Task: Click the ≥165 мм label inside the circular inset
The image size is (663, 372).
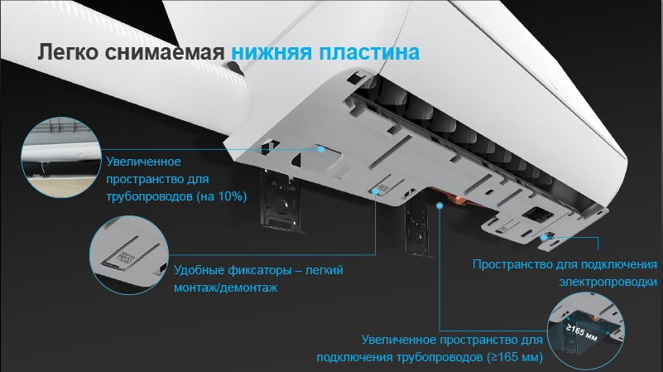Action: pos(581,334)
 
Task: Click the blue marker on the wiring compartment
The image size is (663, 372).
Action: pos(545,236)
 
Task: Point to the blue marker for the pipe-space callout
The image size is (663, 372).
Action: pos(319,150)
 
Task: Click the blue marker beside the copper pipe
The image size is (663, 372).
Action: pos(440,205)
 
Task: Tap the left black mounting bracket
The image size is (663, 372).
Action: pos(279,199)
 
